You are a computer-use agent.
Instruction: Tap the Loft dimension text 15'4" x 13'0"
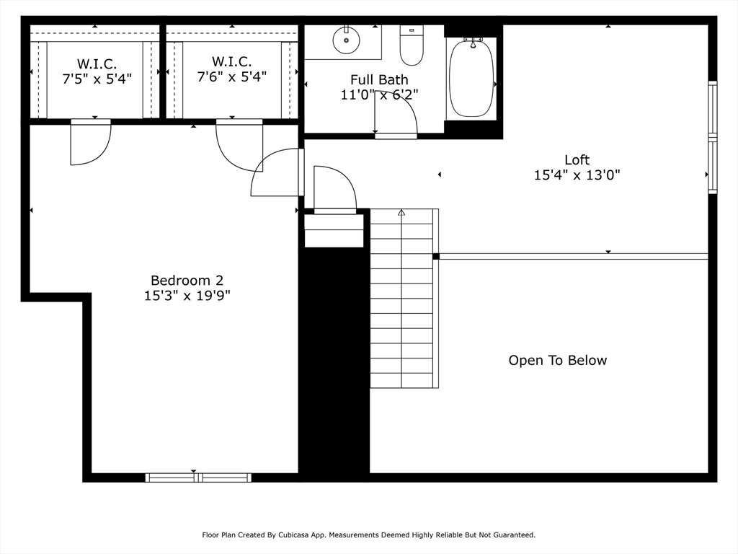577,175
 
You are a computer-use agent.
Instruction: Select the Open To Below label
557,360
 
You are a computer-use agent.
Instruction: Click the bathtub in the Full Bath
471,78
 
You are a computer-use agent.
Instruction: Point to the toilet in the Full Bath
412,47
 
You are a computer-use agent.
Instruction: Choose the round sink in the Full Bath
347,40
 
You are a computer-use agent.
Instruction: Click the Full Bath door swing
396,114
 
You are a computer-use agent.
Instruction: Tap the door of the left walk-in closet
89,143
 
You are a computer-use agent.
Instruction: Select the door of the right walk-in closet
238,146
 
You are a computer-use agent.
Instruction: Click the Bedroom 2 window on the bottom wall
198,477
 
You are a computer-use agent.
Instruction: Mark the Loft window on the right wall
712,138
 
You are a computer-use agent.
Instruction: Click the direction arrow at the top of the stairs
401,213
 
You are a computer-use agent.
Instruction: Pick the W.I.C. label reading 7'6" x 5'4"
231,69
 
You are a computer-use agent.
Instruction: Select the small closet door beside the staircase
334,189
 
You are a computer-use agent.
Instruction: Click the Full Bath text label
379,79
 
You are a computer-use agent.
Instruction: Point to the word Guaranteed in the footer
512,535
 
